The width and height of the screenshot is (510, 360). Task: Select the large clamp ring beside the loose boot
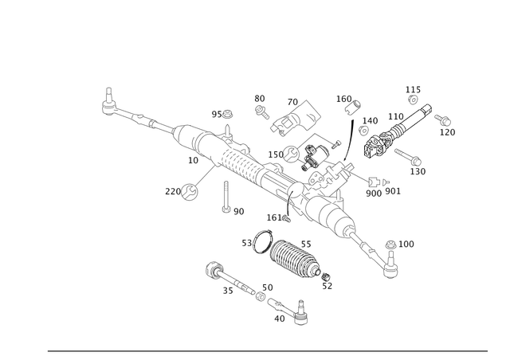[x=259, y=241]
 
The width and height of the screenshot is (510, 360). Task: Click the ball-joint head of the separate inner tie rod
[x=213, y=268]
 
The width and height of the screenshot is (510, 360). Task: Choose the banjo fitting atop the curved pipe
[x=351, y=102]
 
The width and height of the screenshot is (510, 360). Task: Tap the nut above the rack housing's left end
[x=226, y=121]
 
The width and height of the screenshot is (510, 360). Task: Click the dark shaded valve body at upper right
[x=381, y=143]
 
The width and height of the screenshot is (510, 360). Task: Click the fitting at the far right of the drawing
[x=443, y=123]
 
